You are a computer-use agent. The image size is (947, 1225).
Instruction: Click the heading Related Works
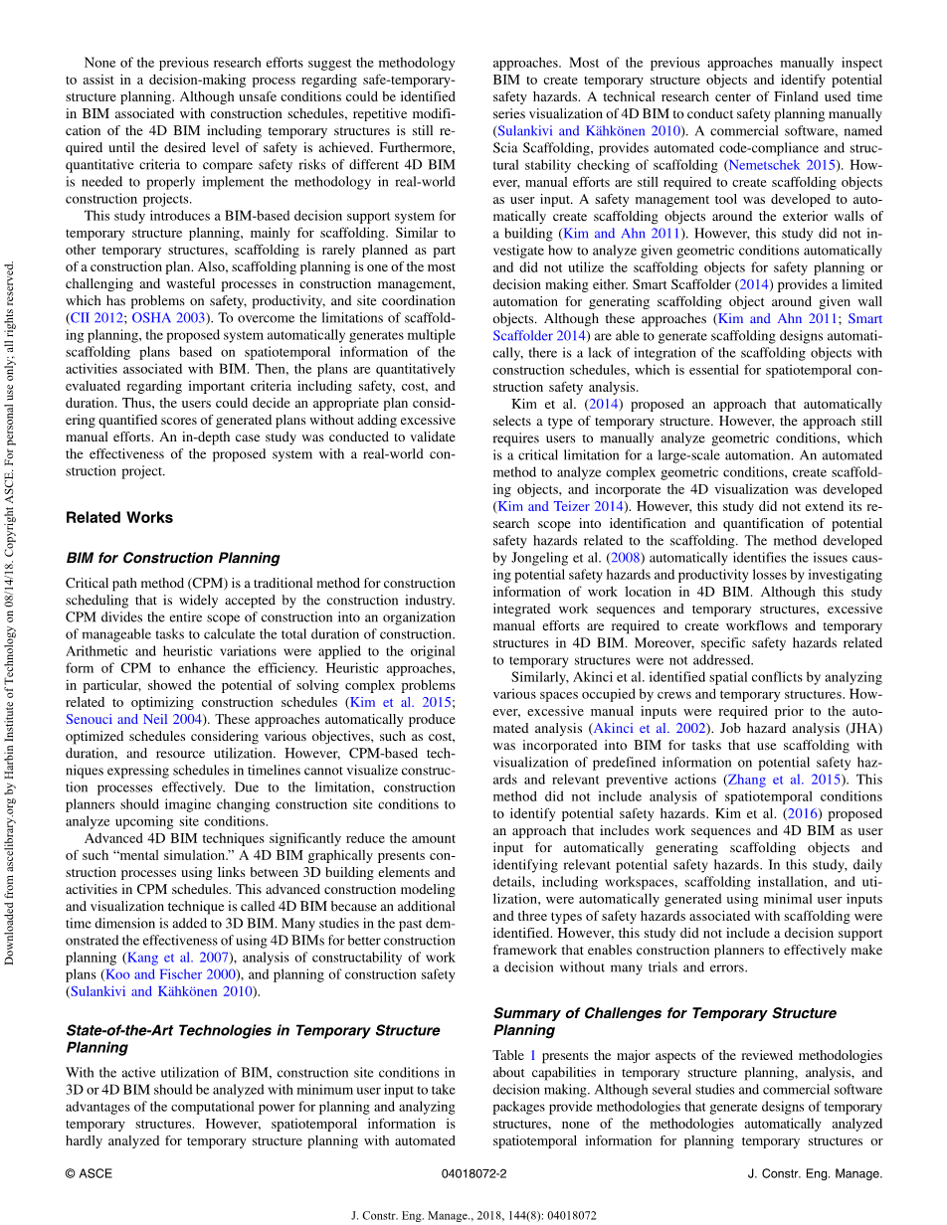[x=119, y=518]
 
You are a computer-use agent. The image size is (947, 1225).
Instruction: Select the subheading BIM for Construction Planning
[x=172, y=558]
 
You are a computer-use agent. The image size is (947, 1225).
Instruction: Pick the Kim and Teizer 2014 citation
[x=549, y=507]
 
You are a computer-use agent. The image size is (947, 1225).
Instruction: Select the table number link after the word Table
[x=532, y=1056]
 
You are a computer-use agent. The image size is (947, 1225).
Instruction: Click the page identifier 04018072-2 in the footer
[x=473, y=1173]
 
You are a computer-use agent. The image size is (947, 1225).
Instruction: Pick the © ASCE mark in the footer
[x=89, y=1173]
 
